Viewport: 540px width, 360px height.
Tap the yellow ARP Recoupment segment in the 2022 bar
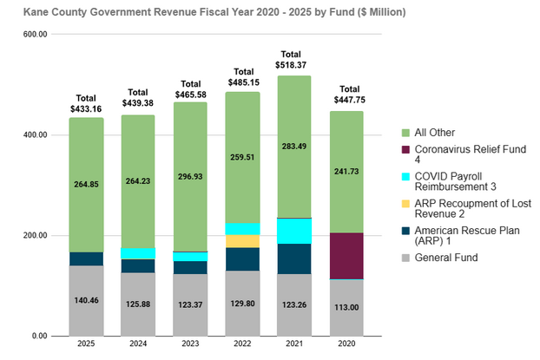tap(242, 241)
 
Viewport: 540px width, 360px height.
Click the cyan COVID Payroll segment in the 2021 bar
tap(294, 231)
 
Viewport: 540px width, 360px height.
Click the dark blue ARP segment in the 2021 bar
tap(294, 259)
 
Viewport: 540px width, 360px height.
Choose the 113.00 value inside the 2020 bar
tap(346, 306)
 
